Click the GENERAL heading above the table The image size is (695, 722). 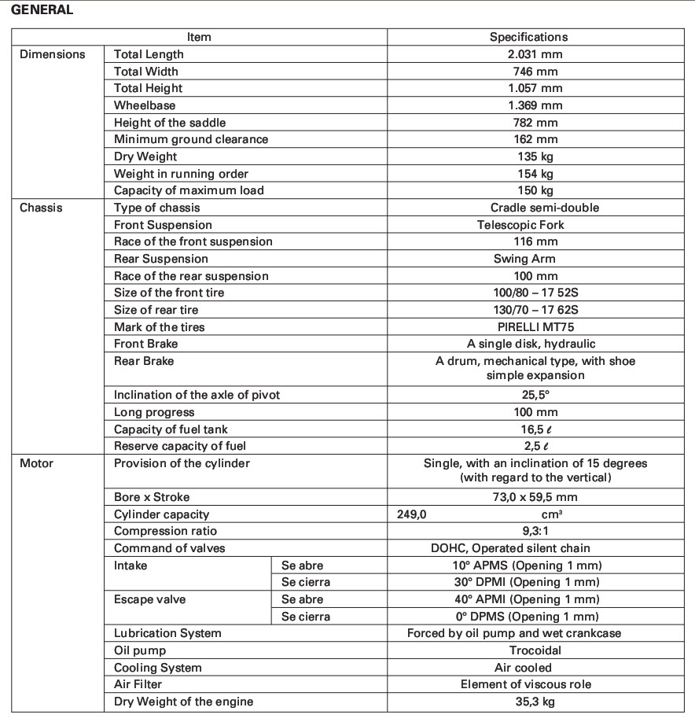tap(42, 10)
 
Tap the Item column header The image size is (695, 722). tap(199, 37)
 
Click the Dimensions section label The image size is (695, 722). tap(53, 54)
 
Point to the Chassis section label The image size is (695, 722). tap(41, 208)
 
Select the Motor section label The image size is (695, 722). tap(36, 463)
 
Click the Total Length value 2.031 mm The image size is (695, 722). tap(535, 54)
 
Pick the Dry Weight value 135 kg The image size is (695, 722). tap(535, 157)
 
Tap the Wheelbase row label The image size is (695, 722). tap(145, 105)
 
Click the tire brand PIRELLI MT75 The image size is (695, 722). tap(535, 327)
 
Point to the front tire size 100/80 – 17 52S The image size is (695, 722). tap(535, 293)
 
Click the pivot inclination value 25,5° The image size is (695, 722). tap(535, 395)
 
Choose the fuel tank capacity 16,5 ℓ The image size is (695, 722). tap(535, 429)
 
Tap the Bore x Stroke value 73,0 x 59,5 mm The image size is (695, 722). tap(535, 497)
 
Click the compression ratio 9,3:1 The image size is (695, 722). tap(535, 531)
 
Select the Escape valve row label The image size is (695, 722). tap(150, 599)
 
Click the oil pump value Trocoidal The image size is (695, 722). tap(535, 650)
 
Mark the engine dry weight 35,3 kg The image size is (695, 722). tap(535, 702)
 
